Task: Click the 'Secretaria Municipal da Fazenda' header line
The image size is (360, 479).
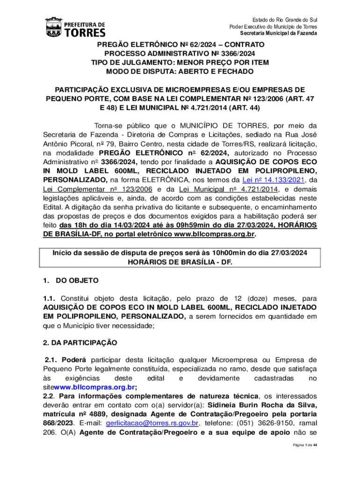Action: click(279, 33)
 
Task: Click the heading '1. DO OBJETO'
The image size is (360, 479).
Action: click(71, 281)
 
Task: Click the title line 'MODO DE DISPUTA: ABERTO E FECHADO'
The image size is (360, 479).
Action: click(180, 72)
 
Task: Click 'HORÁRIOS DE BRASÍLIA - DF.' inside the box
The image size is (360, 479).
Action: click(180, 262)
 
